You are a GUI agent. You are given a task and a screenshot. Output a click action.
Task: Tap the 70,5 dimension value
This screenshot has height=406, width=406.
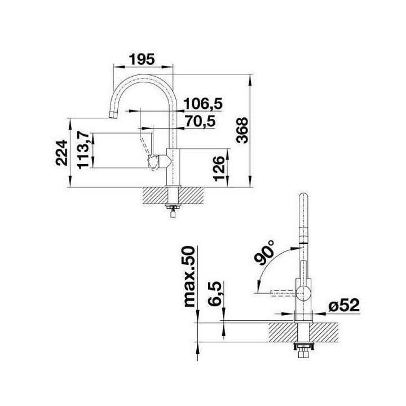tap(201, 121)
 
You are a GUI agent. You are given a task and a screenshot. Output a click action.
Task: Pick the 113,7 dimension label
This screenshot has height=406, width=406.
tap(83, 149)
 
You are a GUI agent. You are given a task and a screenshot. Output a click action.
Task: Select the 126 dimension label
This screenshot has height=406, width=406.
tap(220, 167)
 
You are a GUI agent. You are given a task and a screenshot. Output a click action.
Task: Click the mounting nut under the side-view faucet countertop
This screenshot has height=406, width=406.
tap(171, 209)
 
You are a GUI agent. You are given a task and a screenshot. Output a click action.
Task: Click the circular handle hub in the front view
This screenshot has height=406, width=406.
tap(303, 292)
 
